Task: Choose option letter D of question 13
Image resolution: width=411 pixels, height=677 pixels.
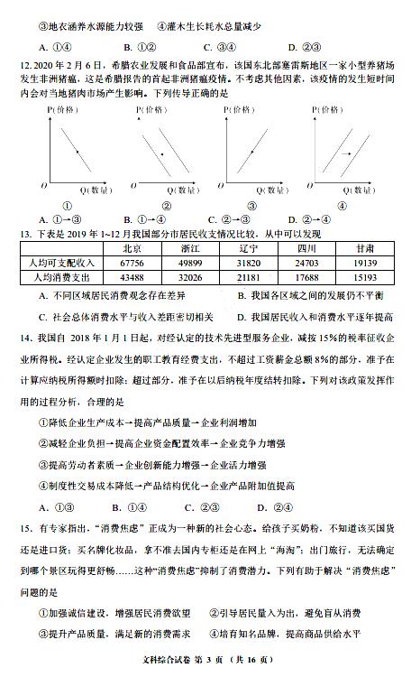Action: [x=242, y=318]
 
